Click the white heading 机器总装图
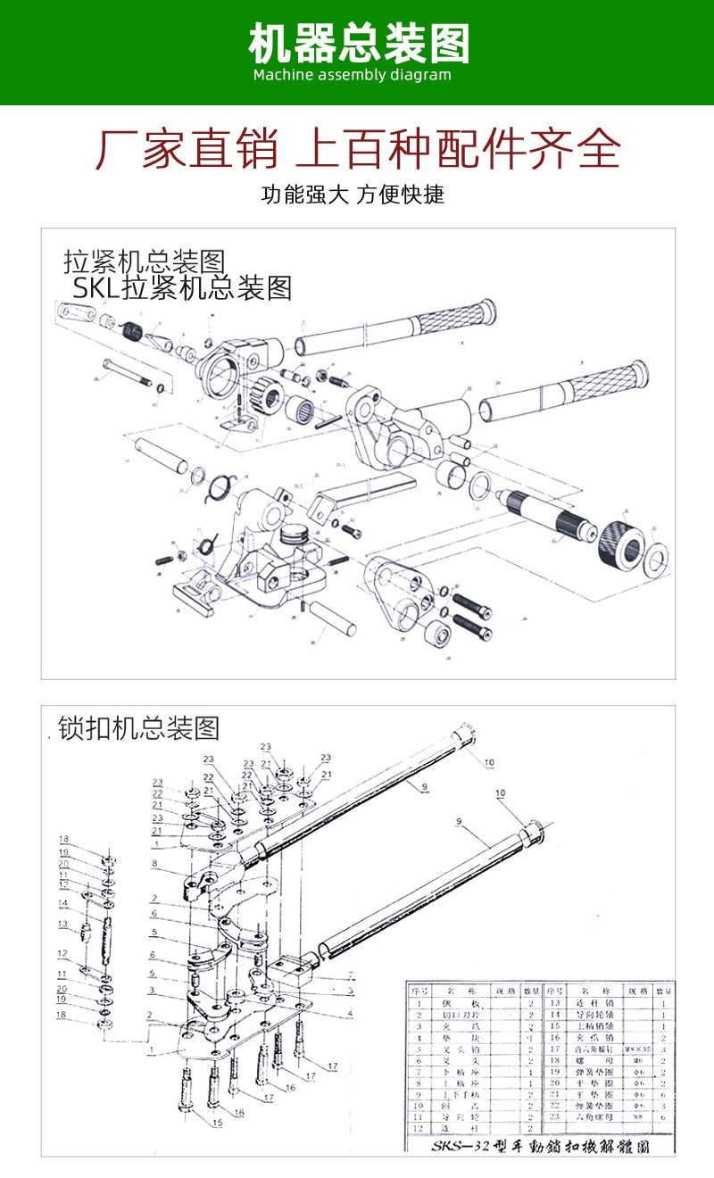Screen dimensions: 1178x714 (x=358, y=42)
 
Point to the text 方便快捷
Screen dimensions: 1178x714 (x=402, y=195)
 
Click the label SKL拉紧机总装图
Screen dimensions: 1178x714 (x=182, y=287)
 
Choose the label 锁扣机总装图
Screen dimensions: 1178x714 (x=138, y=728)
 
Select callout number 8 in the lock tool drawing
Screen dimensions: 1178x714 (x=154, y=863)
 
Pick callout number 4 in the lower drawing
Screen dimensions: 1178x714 (x=350, y=1013)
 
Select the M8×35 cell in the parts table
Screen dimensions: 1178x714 (x=636, y=1049)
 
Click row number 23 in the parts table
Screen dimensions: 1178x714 (x=554, y=1116)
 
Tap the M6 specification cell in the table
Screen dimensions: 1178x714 (x=636, y=1060)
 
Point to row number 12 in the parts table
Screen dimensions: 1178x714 (x=417, y=1128)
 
